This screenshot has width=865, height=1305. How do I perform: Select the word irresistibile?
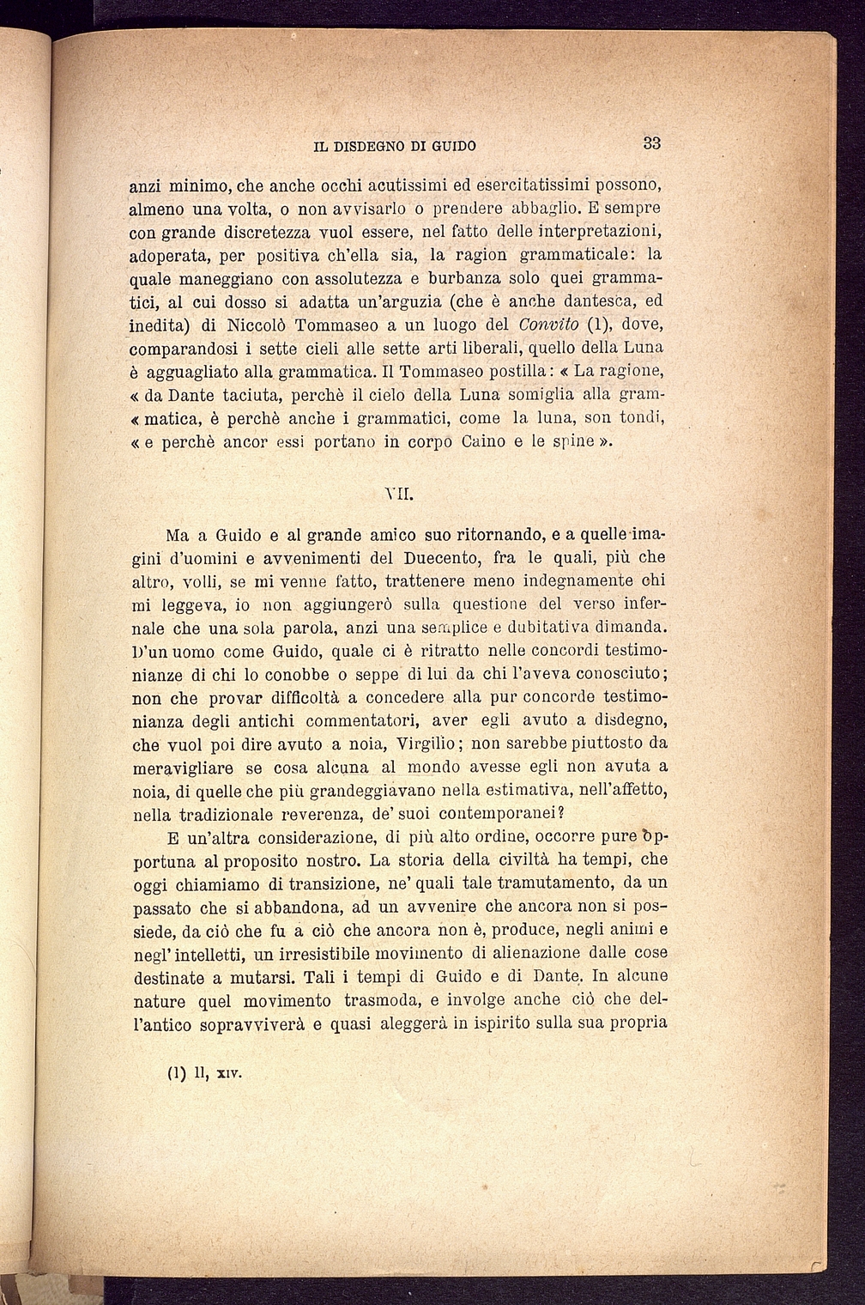point(301,953)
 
